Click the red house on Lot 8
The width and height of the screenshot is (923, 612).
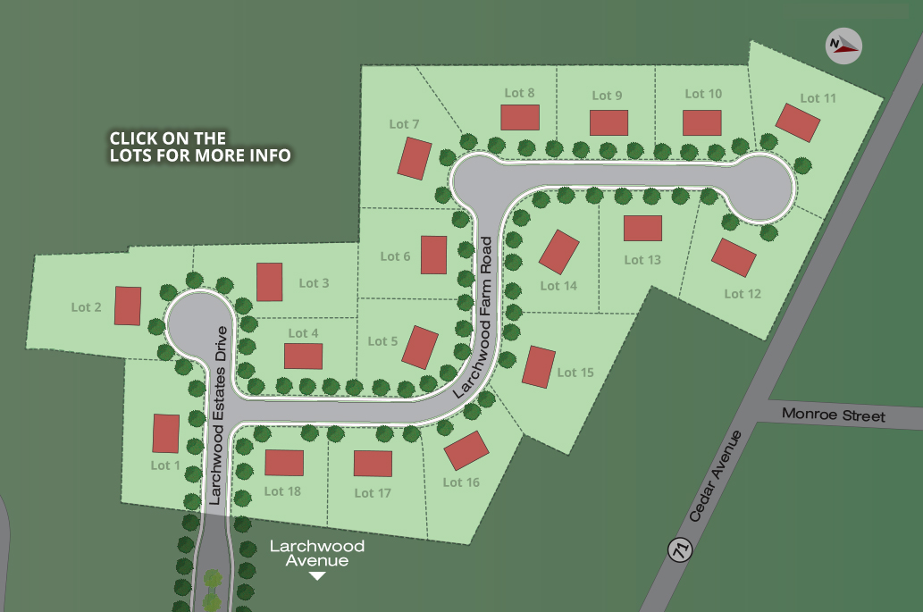[x=520, y=117]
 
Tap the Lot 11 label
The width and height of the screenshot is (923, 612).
[x=818, y=98]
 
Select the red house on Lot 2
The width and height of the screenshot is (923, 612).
[x=128, y=306]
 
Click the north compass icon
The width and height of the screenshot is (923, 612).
[x=843, y=44]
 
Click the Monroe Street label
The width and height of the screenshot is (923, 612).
[x=833, y=415]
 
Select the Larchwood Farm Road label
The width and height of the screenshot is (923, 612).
[x=474, y=317]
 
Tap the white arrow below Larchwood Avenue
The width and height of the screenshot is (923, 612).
[x=316, y=576]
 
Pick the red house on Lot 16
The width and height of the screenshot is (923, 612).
[x=466, y=450]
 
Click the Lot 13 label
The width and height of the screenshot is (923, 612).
[x=642, y=260]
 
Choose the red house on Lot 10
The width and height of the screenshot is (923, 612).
[x=701, y=122]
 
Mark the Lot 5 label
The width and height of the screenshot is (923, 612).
[x=382, y=341]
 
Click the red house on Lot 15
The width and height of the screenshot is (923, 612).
[x=539, y=366]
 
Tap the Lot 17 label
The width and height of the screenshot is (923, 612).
[x=373, y=493]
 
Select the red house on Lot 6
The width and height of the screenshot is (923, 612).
[x=433, y=255]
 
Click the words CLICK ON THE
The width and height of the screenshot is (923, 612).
[x=167, y=138]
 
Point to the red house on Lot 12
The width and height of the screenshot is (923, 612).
[x=734, y=257]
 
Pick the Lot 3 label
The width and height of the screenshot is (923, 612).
[x=314, y=283]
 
